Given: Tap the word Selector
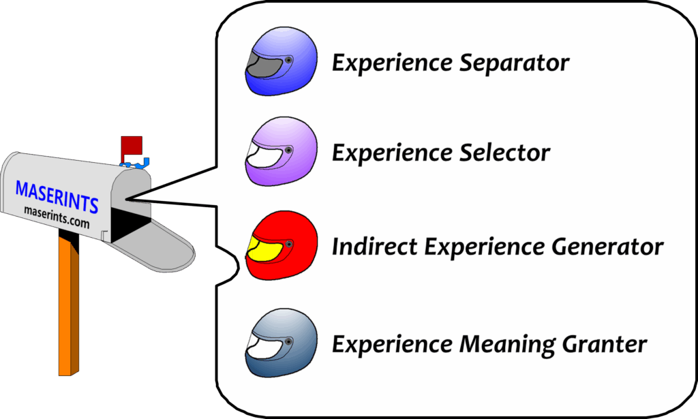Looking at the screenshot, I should coord(504,153).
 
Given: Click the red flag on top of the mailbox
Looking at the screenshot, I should coord(131,146).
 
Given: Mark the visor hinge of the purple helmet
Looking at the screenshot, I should coord(289,149).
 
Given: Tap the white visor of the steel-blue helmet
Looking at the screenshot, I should coord(262,348).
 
